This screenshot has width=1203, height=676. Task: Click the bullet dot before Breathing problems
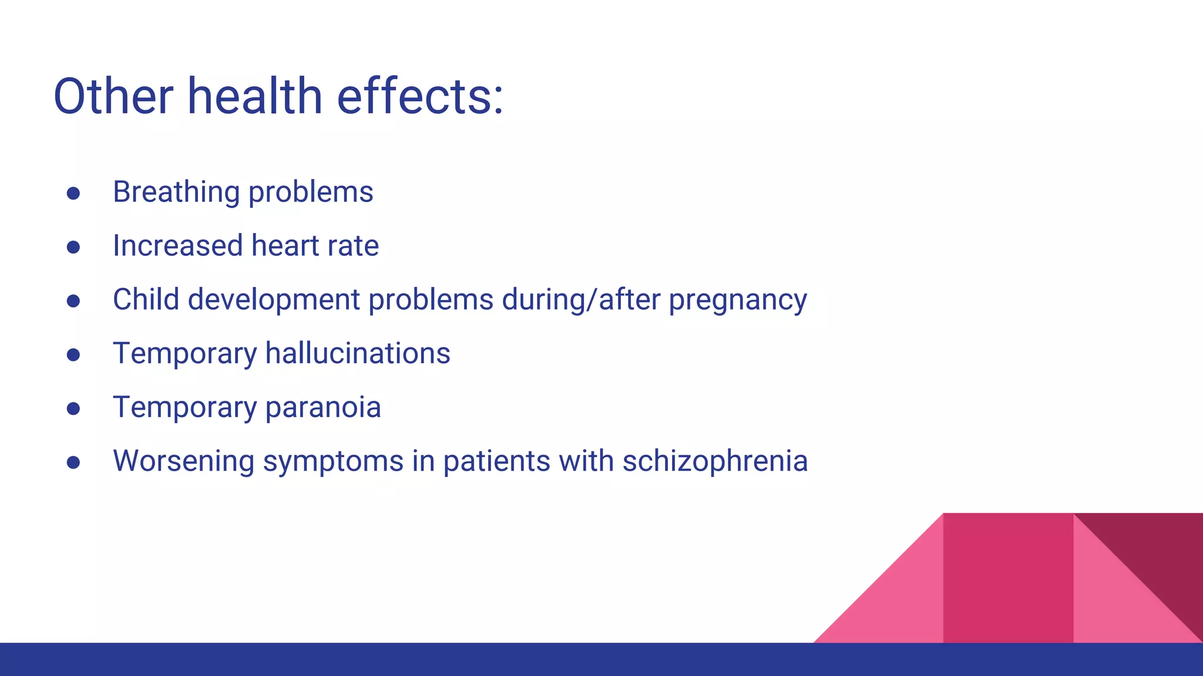click(73, 194)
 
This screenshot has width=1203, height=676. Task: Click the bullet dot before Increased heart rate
click(73, 247)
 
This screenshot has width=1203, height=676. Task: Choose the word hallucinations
click(357, 354)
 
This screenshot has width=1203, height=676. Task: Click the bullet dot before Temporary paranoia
click(73, 408)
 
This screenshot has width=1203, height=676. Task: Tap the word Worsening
click(183, 462)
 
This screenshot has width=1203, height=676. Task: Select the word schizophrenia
click(715, 462)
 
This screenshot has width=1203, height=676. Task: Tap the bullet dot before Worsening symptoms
click(73, 462)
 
